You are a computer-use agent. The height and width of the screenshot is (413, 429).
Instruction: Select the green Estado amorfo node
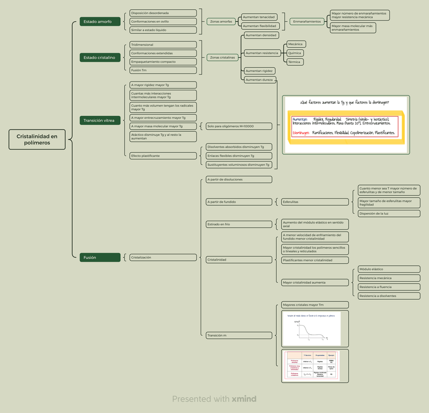(100, 22)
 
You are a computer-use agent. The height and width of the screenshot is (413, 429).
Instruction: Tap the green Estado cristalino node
(100, 58)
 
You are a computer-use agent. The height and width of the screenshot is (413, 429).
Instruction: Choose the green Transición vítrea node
(100, 121)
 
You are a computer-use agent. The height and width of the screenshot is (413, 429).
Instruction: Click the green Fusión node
(100, 257)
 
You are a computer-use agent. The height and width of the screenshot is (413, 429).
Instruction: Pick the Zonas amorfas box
(221, 22)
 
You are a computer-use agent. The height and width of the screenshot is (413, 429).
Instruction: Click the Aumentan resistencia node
(262, 53)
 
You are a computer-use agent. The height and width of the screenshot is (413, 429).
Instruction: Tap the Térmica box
(295, 62)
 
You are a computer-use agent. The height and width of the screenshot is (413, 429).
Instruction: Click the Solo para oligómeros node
(238, 126)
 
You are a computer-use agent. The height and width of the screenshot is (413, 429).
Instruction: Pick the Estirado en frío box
(238, 224)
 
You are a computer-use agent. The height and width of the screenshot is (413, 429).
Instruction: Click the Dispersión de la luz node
(389, 213)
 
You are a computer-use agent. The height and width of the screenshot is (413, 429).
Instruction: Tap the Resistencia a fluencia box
(389, 287)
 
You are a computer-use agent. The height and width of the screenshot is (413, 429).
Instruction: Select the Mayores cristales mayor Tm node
(315, 305)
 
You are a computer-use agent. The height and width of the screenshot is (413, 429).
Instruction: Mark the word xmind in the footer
(244, 399)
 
